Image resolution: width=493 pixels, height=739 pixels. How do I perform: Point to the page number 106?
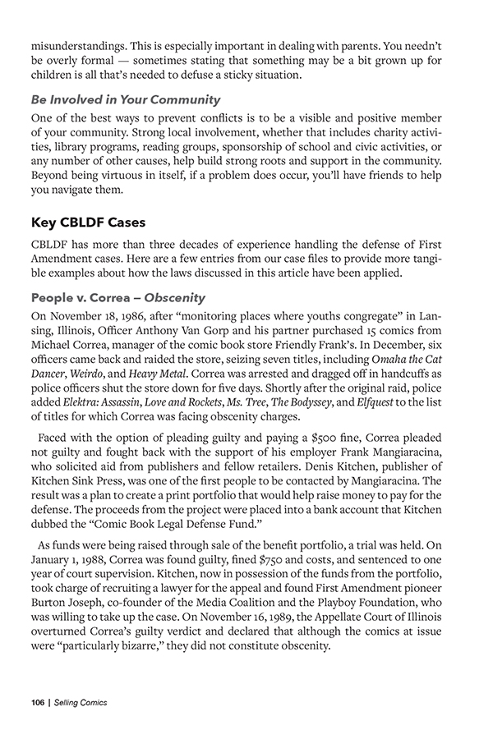tap(37, 703)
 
